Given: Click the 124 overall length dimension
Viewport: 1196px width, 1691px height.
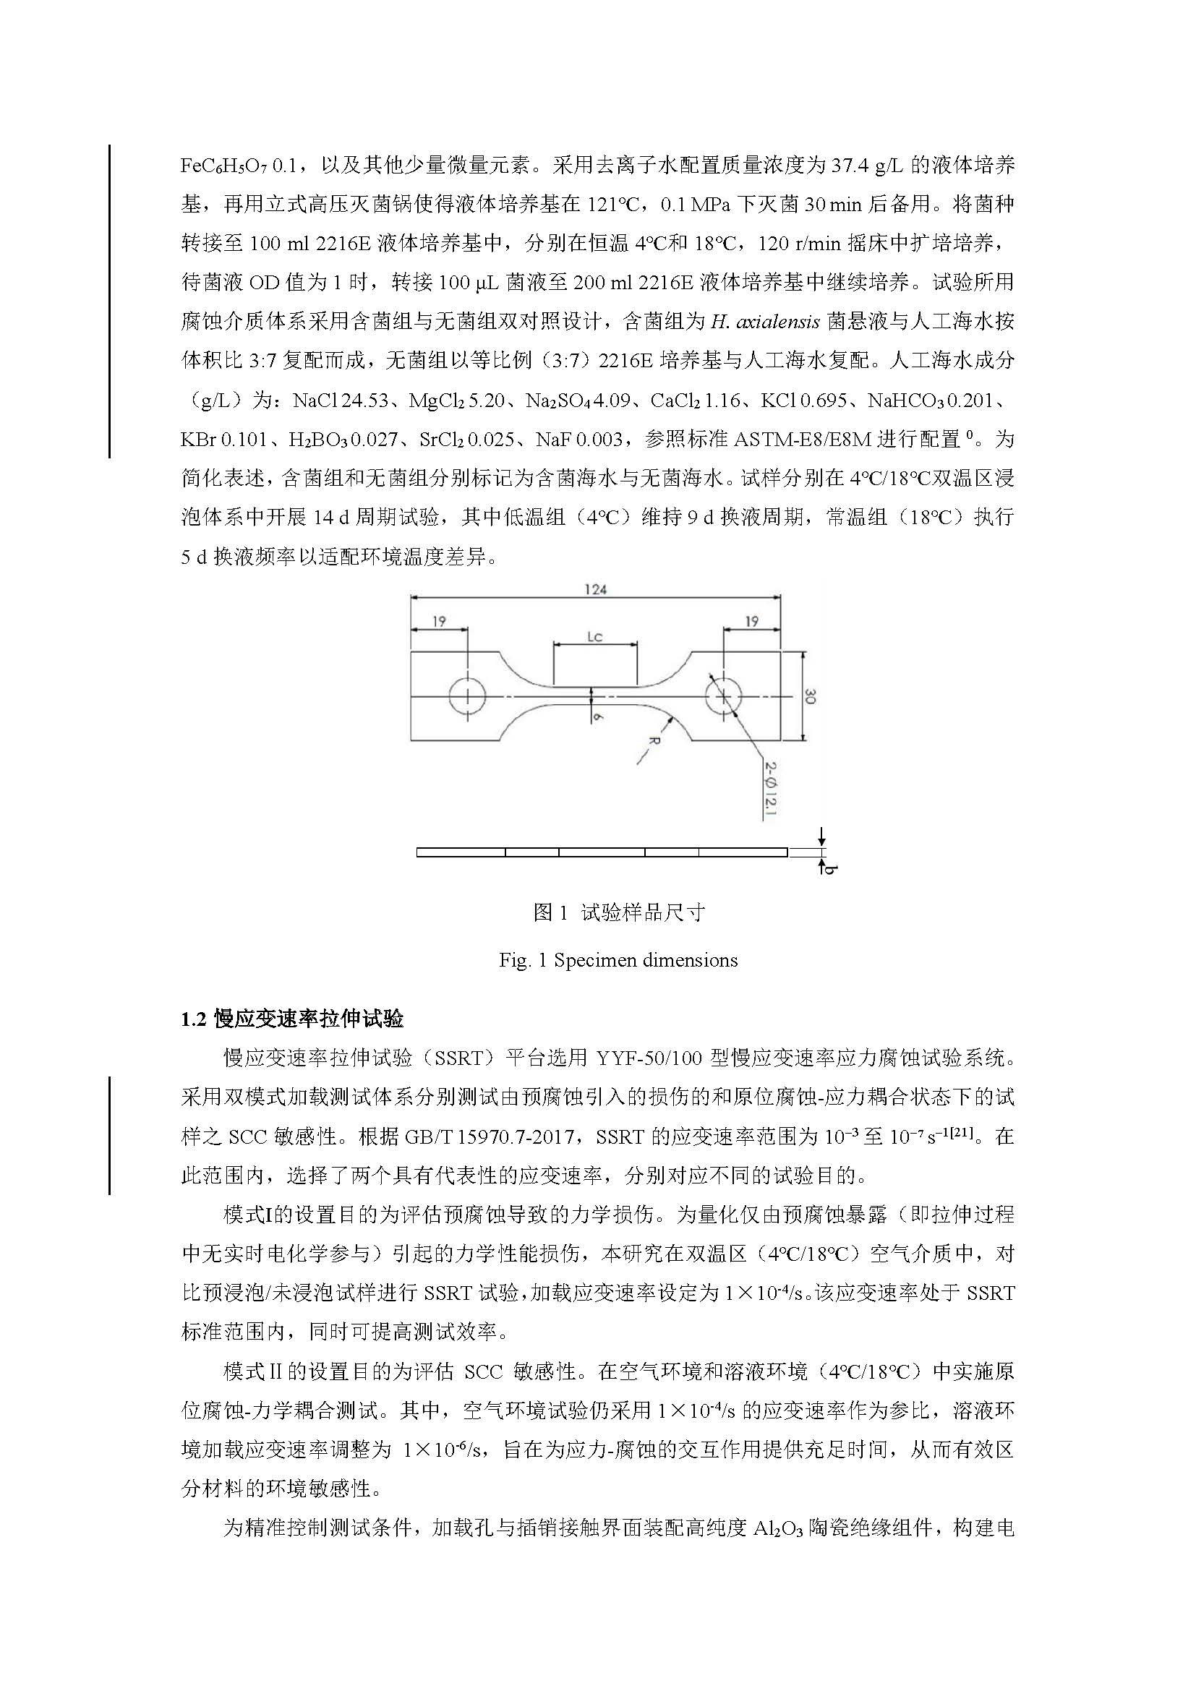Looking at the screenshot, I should (x=595, y=589).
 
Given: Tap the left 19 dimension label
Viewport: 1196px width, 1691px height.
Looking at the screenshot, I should (x=439, y=621).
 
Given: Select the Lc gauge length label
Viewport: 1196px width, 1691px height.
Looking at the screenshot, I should (x=595, y=636).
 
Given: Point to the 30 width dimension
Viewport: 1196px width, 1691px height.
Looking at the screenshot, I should (x=809, y=696).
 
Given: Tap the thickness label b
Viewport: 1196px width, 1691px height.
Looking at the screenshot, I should (x=829, y=869).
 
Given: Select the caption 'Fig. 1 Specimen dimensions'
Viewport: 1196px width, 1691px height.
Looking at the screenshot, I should (x=618, y=959).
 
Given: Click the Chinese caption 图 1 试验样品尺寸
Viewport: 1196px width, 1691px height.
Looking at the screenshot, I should (x=619, y=913).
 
